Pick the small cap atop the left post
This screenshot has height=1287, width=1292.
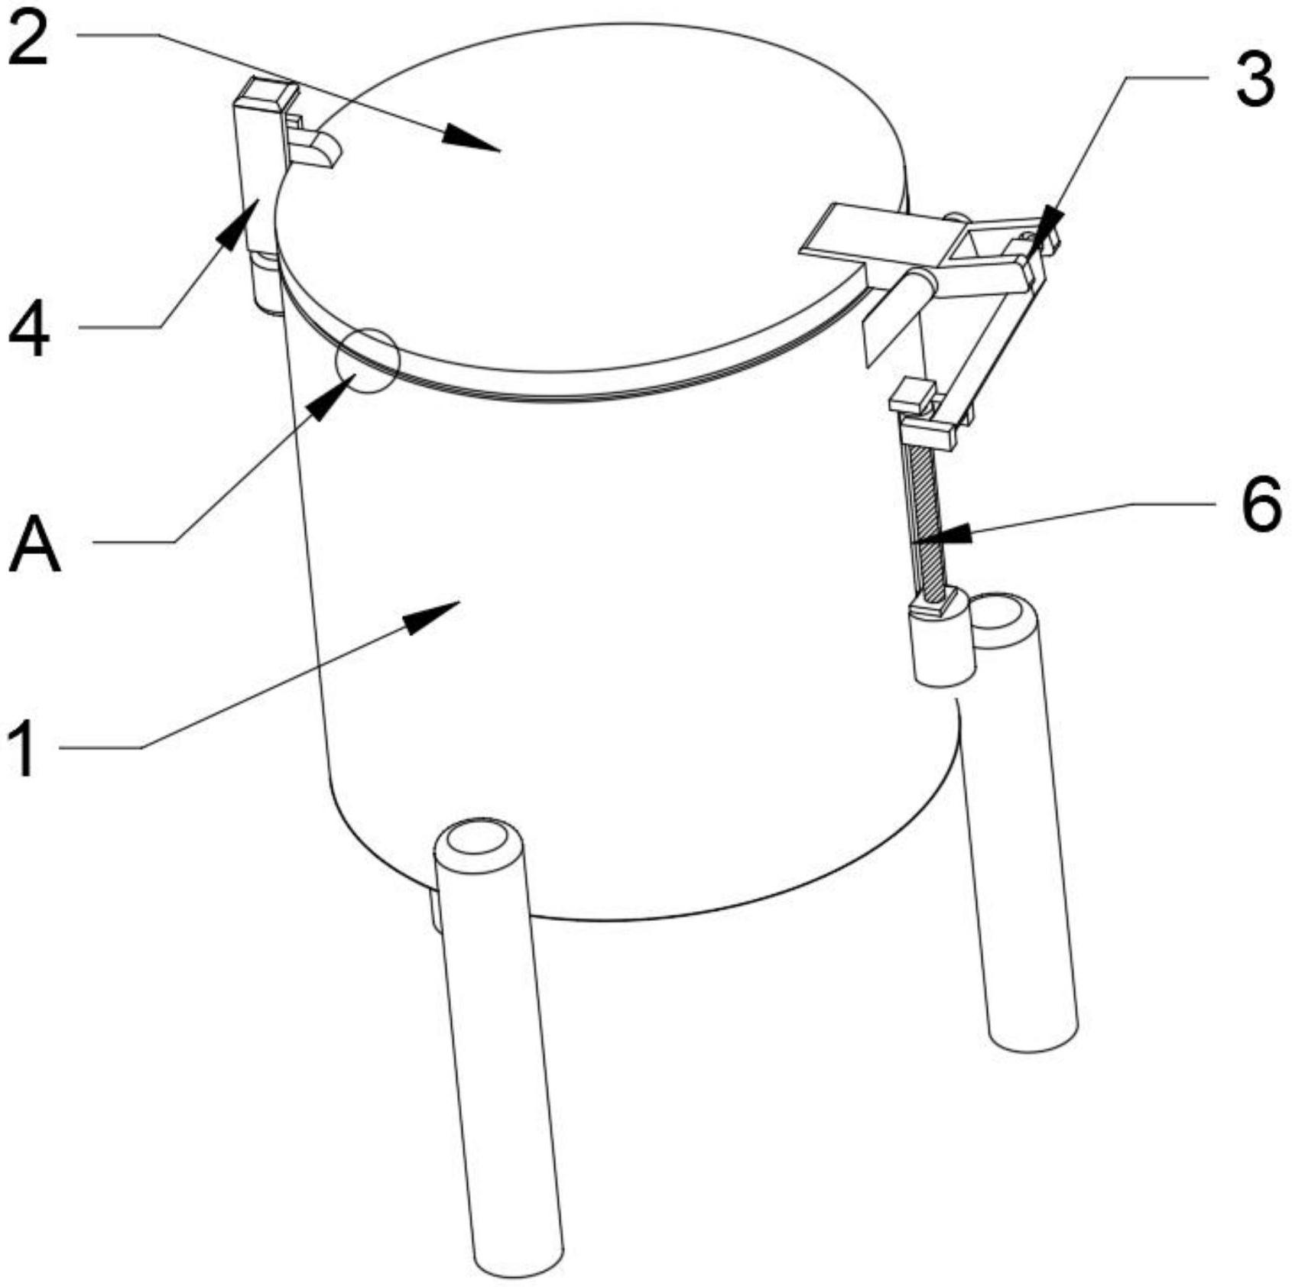265,96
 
